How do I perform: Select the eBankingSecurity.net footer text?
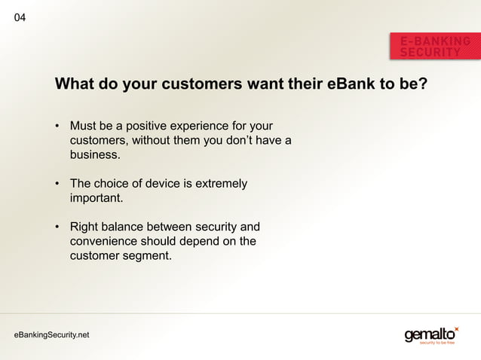click(51, 334)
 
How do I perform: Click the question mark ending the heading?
click(423, 83)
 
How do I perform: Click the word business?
click(93, 155)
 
